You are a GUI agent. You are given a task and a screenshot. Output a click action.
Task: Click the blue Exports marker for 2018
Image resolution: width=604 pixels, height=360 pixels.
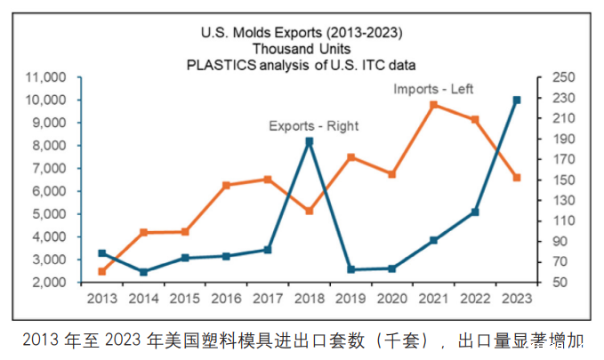tap(309, 141)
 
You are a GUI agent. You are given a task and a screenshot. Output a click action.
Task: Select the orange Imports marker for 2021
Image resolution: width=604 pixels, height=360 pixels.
tap(433, 105)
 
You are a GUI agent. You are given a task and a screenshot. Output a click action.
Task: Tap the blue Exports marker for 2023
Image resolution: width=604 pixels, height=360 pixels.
tap(516, 100)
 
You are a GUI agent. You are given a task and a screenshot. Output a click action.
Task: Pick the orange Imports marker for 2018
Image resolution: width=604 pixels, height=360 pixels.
tap(309, 211)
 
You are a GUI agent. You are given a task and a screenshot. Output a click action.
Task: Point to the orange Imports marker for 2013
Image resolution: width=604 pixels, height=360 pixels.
tap(101, 271)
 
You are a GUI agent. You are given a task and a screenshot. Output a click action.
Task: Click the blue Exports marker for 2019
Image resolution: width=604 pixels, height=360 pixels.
tap(350, 269)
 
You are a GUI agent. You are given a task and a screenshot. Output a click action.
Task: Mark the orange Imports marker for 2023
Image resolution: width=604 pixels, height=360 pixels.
tap(516, 178)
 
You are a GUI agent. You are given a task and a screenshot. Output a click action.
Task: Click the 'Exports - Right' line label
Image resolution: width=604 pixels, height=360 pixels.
tap(313, 126)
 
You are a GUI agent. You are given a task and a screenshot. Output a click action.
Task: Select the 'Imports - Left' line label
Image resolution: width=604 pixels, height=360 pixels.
tap(433, 89)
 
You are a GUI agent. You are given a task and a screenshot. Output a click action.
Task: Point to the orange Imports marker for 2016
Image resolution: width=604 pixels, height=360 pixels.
tap(226, 185)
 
